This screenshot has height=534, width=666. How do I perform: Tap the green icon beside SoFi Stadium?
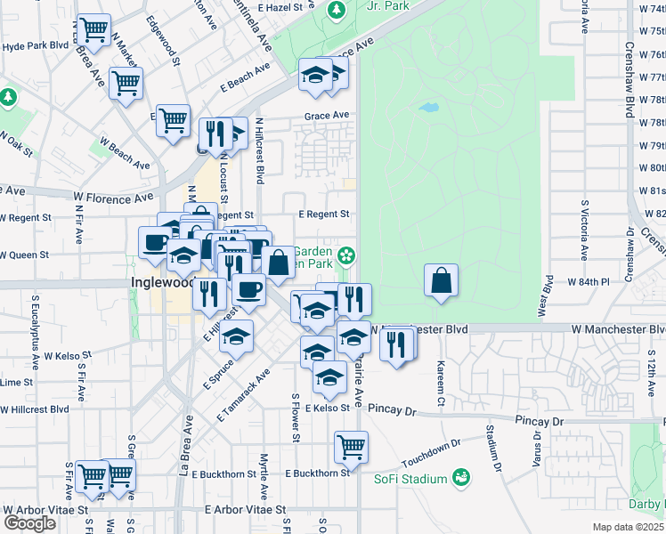click(x=460, y=479)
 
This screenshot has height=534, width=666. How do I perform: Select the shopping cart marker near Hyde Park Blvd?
click(x=93, y=31)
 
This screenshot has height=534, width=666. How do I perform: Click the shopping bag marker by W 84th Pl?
click(x=442, y=281)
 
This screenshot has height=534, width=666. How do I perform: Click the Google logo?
click(x=29, y=522)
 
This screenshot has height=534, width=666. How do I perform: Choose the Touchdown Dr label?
click(x=431, y=454)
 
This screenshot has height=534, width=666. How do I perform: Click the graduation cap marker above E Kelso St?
click(x=329, y=377)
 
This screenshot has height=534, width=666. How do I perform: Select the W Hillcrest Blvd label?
click(x=35, y=409)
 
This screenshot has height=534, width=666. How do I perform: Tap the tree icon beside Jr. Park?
click(x=337, y=11)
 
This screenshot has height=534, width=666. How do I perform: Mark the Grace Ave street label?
click(x=327, y=116)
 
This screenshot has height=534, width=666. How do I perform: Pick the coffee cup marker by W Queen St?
click(x=156, y=242)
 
